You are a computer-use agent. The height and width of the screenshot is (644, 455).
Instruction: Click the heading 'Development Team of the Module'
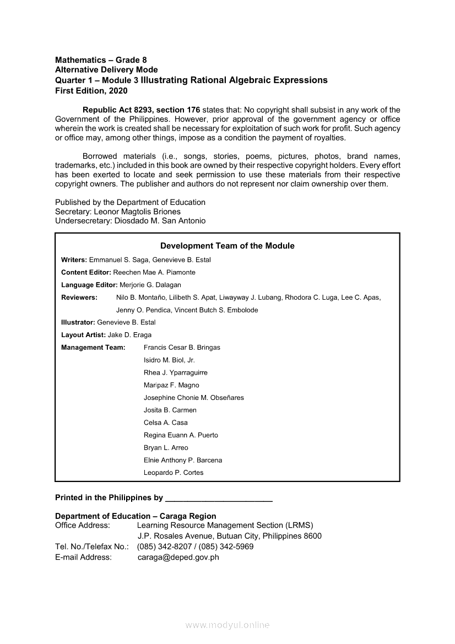(x=227, y=246)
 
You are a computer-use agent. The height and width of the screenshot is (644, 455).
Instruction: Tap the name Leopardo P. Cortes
(x=174, y=473)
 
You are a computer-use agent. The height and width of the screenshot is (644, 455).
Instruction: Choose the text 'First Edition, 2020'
(x=91, y=90)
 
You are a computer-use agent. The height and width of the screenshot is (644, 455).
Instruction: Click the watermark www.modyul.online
(x=227, y=625)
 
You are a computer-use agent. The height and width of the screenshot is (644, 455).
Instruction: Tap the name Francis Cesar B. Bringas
(x=182, y=348)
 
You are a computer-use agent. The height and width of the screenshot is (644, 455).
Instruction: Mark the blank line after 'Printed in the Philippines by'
(x=219, y=498)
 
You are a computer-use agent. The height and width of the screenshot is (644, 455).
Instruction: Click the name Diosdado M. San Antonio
(x=160, y=221)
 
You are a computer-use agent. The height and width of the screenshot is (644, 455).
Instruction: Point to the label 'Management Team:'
(x=93, y=348)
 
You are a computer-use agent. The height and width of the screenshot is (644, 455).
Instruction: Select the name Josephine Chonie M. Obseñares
(x=194, y=398)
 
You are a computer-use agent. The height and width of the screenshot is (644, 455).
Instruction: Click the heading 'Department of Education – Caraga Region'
(x=136, y=516)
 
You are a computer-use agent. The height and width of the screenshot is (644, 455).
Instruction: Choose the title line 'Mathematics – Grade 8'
(x=101, y=59)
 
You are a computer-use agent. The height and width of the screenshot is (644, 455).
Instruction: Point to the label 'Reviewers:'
(x=79, y=297)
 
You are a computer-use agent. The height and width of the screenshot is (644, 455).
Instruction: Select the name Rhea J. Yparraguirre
(x=176, y=372)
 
